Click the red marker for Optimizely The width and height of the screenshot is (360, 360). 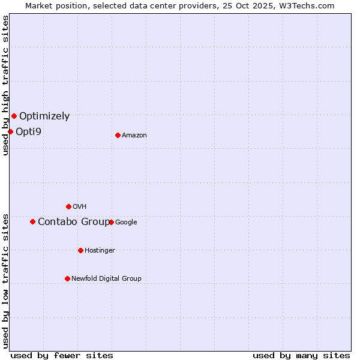point(14,116)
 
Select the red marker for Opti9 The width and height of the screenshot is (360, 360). point(10,131)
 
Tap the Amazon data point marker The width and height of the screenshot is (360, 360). point(118,135)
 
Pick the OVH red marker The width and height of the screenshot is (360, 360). point(68,206)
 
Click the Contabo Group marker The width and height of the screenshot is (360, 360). point(32,221)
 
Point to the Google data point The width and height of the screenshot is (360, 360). point(111,222)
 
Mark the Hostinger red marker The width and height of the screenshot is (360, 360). point(80,250)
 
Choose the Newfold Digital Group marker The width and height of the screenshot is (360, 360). point(67,278)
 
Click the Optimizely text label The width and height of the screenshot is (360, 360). point(44,116)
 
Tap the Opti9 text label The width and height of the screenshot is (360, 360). point(28,131)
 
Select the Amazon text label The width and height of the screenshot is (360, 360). point(134,136)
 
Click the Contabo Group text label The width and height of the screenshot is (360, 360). point(73,222)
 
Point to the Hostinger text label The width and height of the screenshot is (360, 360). point(100,251)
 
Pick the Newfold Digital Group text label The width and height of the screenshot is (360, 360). point(106,279)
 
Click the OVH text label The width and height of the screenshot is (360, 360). point(80,207)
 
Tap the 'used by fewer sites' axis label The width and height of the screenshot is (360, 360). point(62,355)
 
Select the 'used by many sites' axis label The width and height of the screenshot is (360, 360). point(301,355)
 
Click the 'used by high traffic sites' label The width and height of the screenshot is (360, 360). point(5,85)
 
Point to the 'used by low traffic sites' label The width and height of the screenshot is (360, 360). point(5,281)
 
